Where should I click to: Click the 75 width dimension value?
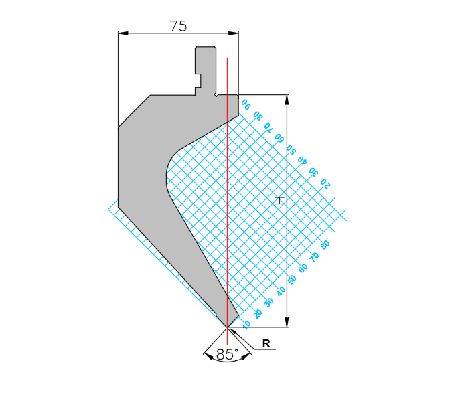178,26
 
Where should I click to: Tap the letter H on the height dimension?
279,200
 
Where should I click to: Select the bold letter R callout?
266,343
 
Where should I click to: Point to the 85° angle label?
227,355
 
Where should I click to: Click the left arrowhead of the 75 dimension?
123,33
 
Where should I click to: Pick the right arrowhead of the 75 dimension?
234,33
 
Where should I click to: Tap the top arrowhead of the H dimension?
287,100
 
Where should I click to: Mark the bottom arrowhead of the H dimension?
287,322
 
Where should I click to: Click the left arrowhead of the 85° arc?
208,357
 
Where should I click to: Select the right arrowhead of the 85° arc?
246,357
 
